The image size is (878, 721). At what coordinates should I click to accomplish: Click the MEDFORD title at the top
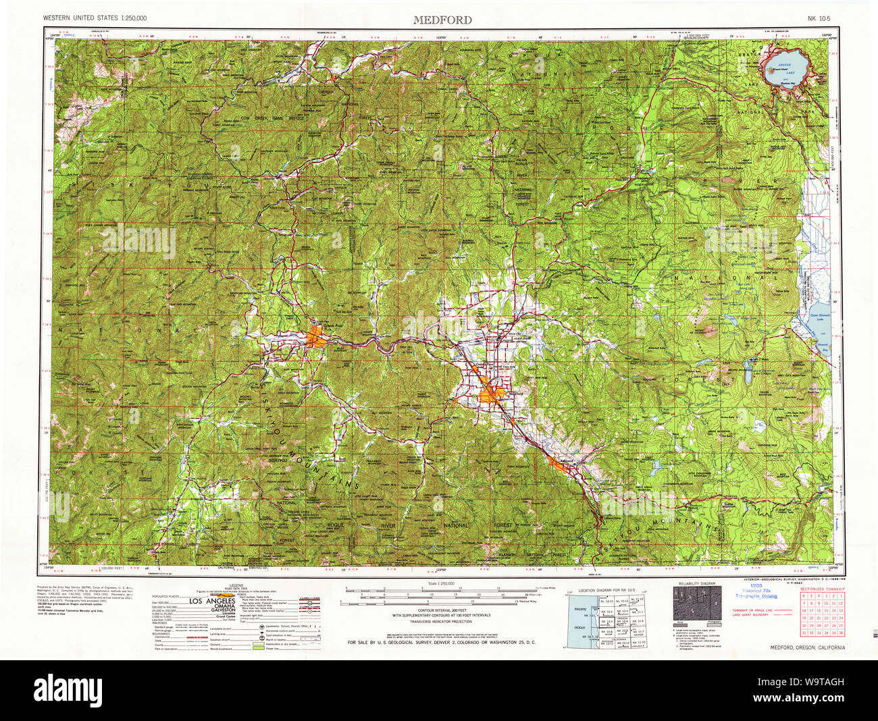442,20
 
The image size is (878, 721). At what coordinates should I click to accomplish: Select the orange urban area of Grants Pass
317,336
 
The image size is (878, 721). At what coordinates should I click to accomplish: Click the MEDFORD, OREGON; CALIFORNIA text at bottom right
806,647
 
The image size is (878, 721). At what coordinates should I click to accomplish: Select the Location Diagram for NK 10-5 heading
606,590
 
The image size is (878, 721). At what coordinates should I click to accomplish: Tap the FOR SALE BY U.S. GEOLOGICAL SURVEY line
441,642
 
